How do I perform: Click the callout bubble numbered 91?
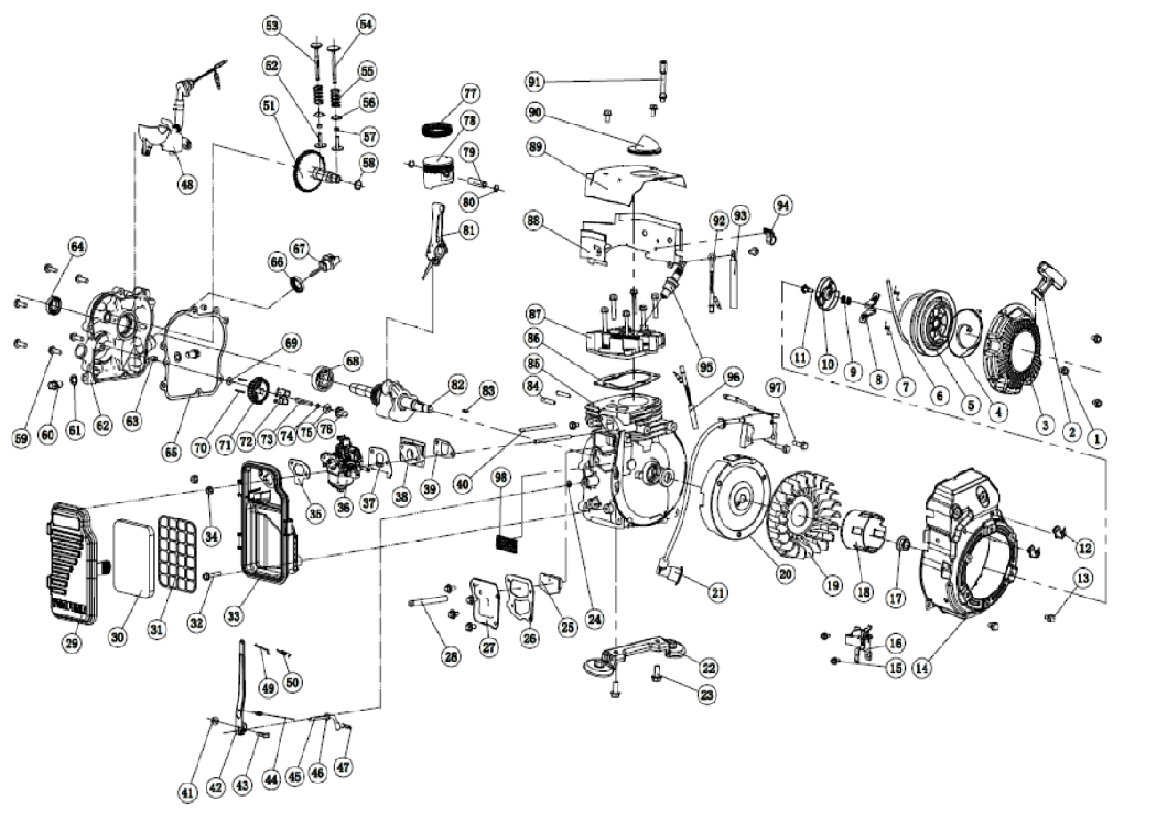coord(535,83)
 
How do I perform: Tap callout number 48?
coord(186,184)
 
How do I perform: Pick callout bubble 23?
coord(707,695)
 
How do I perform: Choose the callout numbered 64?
coord(77,246)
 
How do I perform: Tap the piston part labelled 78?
coord(437,171)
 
